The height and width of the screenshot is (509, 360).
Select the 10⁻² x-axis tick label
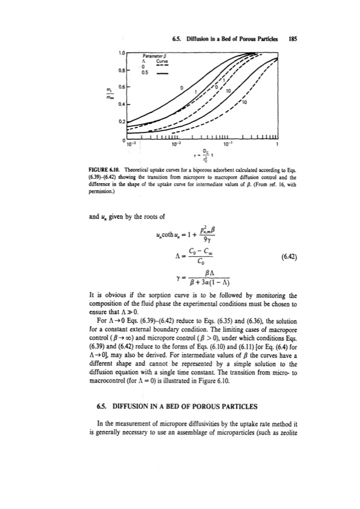tap(175, 146)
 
